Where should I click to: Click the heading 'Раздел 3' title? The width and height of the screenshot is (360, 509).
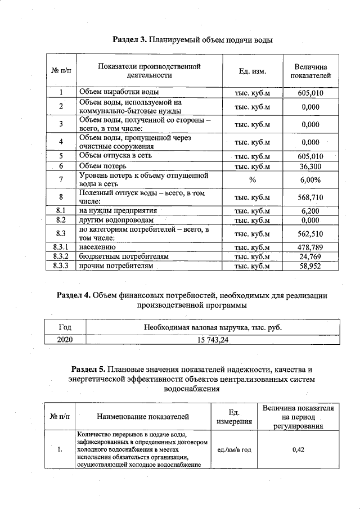coord(193,40)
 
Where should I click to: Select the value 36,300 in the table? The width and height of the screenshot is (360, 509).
coord(310,166)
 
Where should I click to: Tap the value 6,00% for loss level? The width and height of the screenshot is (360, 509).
coord(310,180)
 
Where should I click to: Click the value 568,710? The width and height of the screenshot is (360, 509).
coord(310,197)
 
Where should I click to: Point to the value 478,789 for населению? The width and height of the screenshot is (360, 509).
coord(310,247)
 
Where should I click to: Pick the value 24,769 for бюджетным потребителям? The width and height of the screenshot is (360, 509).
coord(310,256)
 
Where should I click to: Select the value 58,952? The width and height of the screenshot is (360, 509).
coord(310,266)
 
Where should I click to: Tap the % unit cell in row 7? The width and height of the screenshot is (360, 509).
coord(253,180)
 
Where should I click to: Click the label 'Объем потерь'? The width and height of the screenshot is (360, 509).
coord(102,166)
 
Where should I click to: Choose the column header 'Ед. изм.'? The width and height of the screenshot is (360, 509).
coord(253,71)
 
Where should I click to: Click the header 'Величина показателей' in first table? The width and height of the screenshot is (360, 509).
coord(310,71)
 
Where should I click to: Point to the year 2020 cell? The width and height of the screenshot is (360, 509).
coord(65,339)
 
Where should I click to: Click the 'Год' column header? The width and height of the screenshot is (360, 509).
coord(65,327)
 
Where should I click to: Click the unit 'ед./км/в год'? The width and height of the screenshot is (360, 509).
coord(230,449)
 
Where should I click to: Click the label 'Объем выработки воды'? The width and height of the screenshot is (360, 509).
coord(119,92)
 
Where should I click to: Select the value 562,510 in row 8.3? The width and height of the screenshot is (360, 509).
coord(310,233)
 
